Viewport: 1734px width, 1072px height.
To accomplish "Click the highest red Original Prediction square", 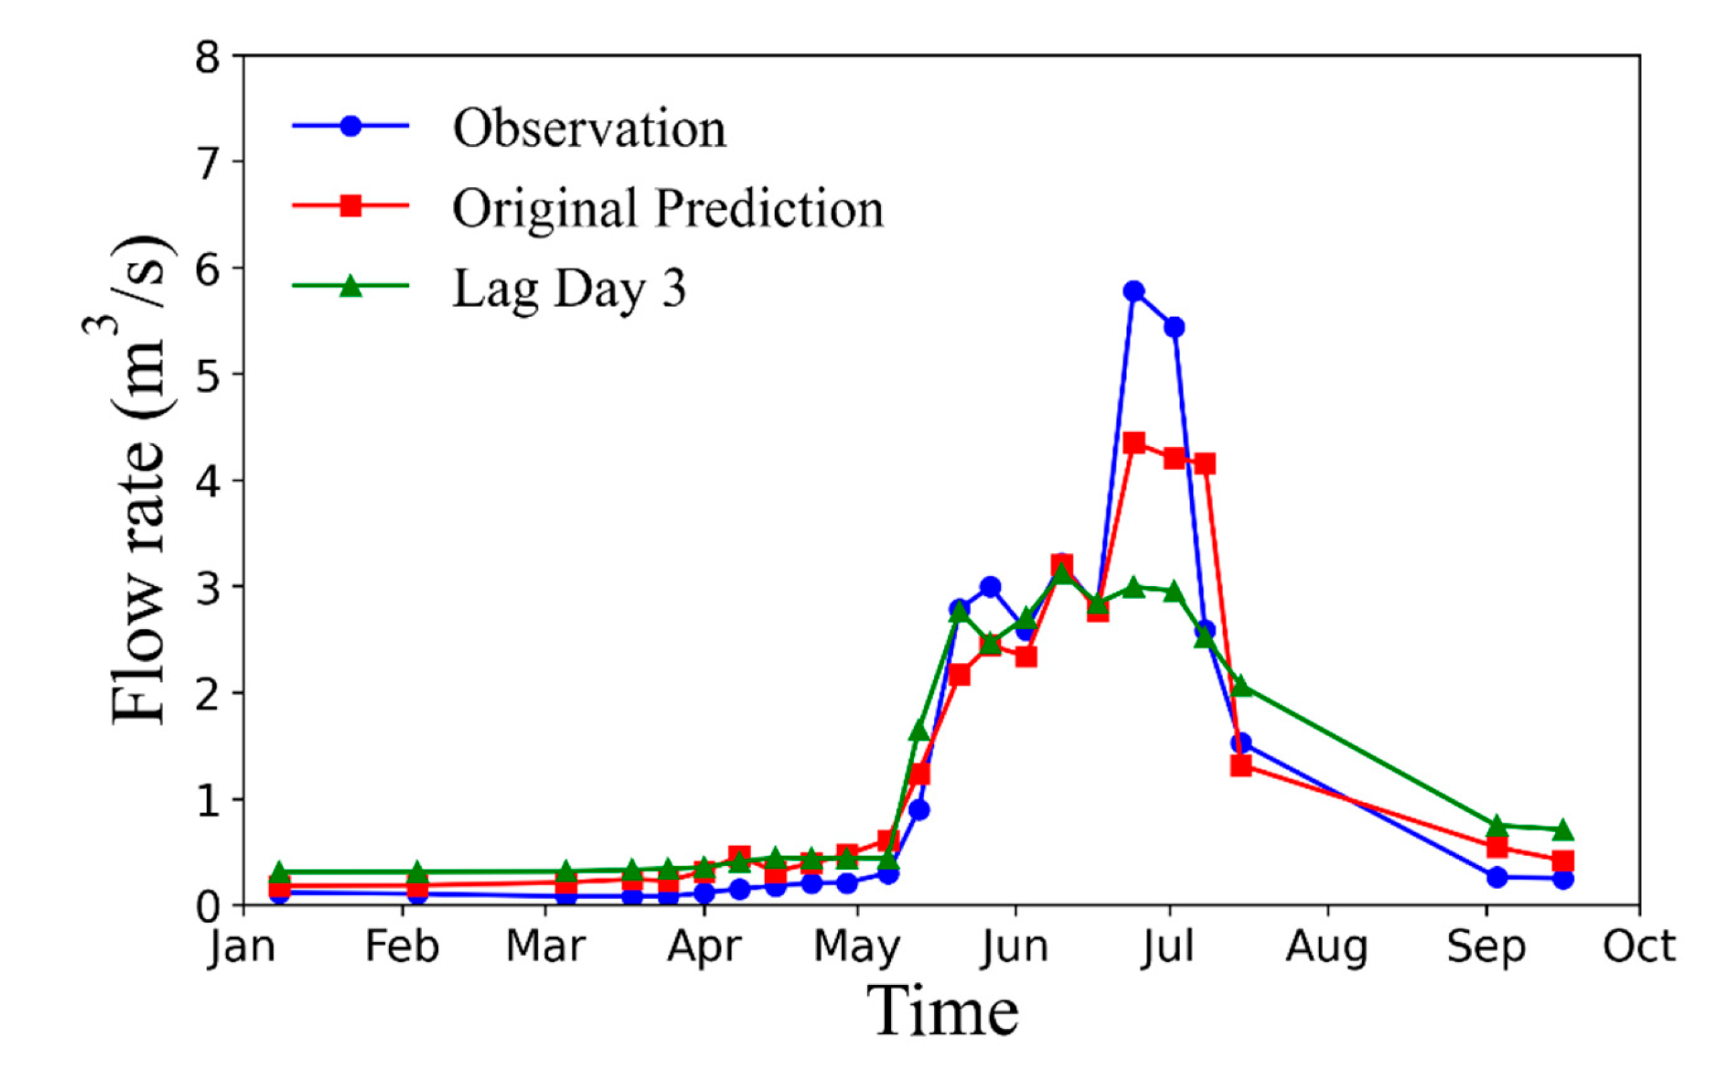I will pyautogui.click(x=1134, y=444).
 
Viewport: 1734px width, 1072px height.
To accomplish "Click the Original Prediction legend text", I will pyautogui.click(x=668, y=209).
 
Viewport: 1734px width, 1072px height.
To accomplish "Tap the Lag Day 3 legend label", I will pyautogui.click(x=569, y=288).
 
